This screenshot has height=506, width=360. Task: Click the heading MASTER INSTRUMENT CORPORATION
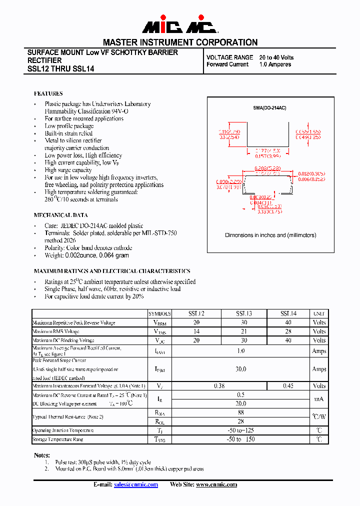point(180,42)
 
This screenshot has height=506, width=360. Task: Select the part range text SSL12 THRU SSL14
point(60,69)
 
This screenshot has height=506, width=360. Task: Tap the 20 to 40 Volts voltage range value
point(276,57)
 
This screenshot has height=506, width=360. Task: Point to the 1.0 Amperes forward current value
point(275,64)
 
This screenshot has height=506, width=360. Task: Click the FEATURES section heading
point(48,93)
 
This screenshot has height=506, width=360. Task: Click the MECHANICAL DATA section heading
point(60,215)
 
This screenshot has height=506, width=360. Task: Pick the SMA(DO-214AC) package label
point(269,108)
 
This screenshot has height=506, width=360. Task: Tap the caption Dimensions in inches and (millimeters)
point(270,235)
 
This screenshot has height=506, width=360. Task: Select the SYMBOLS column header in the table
point(159,313)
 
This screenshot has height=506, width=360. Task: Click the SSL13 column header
point(244,313)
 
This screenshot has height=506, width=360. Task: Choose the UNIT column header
point(319,313)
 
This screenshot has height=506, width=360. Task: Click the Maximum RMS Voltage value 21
point(244,331)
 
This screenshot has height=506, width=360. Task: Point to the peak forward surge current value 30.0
point(241,369)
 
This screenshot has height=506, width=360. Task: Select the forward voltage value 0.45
point(288,386)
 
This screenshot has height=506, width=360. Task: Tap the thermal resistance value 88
point(241,412)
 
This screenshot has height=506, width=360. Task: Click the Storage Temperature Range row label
point(58,439)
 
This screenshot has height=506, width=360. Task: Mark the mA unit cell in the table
point(319,399)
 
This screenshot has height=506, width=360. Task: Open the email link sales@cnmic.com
point(136,484)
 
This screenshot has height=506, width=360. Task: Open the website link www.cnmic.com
point(216,484)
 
